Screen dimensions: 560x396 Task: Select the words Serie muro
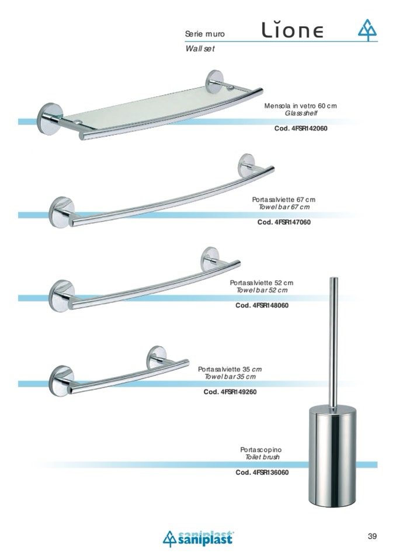pyautogui.click(x=205, y=35)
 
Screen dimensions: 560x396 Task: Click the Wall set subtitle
pyautogui.click(x=200, y=49)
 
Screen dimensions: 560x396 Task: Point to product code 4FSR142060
pyautogui.click(x=301, y=128)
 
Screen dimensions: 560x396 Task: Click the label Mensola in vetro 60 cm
pyautogui.click(x=300, y=106)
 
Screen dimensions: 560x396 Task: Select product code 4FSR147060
pyautogui.click(x=284, y=222)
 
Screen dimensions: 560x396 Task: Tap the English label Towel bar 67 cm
pyautogui.click(x=284, y=207)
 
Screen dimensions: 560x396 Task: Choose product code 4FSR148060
pyautogui.click(x=262, y=305)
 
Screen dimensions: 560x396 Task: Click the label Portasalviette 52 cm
pyautogui.click(x=262, y=283)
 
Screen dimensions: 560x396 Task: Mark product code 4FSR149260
pyautogui.click(x=230, y=392)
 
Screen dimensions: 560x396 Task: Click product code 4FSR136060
pyautogui.click(x=262, y=472)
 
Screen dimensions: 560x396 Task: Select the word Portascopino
pyautogui.click(x=261, y=450)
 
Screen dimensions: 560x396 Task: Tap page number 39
pyautogui.click(x=373, y=536)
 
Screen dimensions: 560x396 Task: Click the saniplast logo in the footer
pyautogui.click(x=197, y=538)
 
